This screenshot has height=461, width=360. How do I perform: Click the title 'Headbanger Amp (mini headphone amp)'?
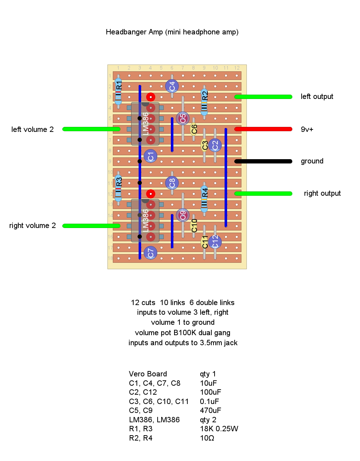(172, 32)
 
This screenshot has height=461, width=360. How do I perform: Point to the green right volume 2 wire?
(91, 226)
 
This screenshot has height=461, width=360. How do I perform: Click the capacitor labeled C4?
(172, 86)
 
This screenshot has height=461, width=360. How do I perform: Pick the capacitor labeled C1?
(150, 156)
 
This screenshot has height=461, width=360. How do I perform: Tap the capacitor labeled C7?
(150, 253)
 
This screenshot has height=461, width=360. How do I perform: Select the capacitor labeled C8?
(172, 183)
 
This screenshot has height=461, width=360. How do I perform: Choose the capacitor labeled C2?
(215, 145)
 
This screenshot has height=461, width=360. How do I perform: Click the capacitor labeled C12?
(215, 242)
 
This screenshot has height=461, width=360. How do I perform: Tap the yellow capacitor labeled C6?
(194, 128)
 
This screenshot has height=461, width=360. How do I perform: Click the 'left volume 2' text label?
(32, 129)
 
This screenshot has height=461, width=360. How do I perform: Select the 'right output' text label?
(322, 194)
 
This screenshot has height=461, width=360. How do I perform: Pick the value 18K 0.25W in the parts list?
(219, 429)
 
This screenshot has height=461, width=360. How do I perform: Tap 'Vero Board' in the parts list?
(148, 374)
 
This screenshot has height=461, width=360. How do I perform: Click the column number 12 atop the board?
(237, 68)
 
